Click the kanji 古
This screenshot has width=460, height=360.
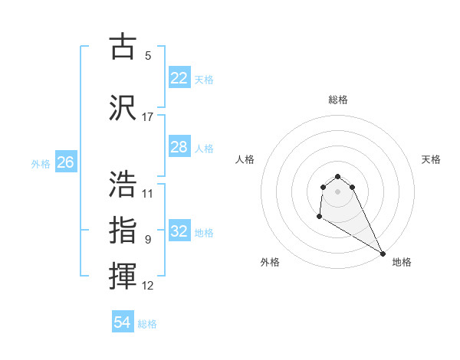point(123,47)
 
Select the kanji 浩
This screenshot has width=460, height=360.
point(123,185)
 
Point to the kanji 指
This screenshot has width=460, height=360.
point(123,230)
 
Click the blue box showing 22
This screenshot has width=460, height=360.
point(179,77)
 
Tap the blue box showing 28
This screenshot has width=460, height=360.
point(179,146)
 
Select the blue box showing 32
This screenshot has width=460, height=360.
point(179,231)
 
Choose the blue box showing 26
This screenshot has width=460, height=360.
point(66,162)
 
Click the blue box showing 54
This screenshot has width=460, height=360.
point(123,322)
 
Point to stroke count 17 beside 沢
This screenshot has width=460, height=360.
point(148,117)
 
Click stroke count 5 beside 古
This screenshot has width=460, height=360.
point(148,56)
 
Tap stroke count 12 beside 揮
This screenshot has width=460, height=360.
point(148,286)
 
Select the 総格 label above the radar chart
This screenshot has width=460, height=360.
point(338,100)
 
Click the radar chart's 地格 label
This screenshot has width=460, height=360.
point(402,262)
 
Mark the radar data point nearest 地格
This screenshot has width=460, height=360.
point(383,253)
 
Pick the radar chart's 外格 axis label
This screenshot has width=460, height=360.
point(270,262)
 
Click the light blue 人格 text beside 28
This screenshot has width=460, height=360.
point(204,148)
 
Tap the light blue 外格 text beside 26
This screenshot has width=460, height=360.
point(41,163)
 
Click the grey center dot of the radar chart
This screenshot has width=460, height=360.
point(337,191)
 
